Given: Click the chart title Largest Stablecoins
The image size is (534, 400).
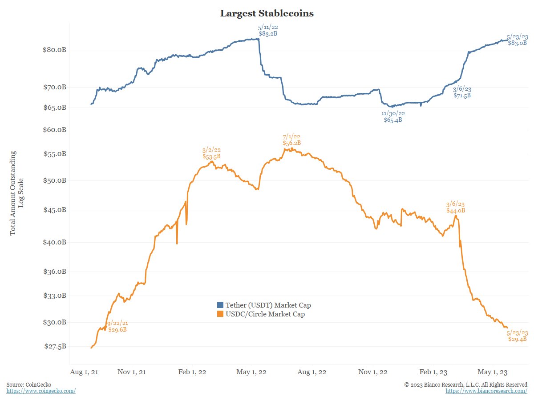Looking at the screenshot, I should point(267,13).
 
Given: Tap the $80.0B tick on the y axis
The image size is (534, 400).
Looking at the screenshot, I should point(54,50).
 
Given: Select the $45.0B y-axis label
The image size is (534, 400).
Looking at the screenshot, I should point(54,210).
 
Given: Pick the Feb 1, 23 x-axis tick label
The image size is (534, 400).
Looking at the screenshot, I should point(434,372).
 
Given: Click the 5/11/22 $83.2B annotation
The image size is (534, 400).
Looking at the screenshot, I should point(268,30).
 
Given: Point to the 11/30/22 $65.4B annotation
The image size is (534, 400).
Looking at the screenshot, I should point(393,116).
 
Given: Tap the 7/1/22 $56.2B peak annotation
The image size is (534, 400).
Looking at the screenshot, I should point(291,140).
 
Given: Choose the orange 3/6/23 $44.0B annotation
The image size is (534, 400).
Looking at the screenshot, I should point(455,208).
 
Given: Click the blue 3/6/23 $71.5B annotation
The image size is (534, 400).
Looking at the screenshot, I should point(462,92).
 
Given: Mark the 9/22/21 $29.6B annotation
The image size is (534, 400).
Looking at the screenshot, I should point(117,327).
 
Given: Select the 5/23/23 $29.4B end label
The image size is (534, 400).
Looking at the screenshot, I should point(518,336).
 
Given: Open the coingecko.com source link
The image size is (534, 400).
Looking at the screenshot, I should point(41,391).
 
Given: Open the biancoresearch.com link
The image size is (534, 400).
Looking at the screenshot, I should point(486,391).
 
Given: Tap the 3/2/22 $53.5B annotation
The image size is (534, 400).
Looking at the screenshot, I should point(211,153).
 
